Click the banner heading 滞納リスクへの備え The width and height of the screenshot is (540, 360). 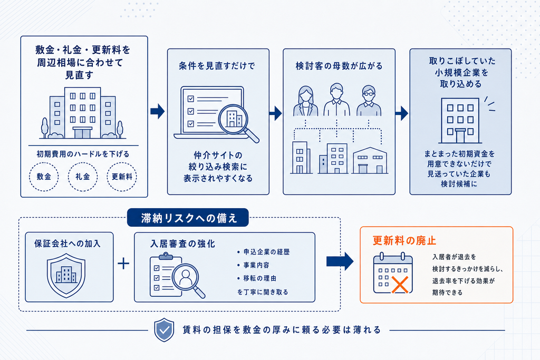click(x=188, y=218)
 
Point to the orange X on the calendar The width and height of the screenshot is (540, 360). click(x=400, y=284)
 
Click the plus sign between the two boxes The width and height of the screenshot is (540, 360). click(x=123, y=264)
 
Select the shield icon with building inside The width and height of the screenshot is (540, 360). click(x=66, y=275)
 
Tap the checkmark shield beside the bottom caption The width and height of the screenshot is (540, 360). click(x=164, y=330)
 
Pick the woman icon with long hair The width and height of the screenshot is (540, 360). click(x=305, y=101)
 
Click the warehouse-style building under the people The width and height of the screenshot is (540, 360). click(x=370, y=160)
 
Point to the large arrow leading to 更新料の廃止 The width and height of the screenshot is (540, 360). click(x=340, y=261)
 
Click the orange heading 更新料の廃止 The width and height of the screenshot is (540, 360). click(x=404, y=240)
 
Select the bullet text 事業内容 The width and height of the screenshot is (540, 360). click(x=257, y=265)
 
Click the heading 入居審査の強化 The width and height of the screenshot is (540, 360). click(x=183, y=244)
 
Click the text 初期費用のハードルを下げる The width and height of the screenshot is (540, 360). click(x=83, y=154)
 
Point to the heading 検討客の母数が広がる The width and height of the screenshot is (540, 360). click(x=339, y=66)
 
